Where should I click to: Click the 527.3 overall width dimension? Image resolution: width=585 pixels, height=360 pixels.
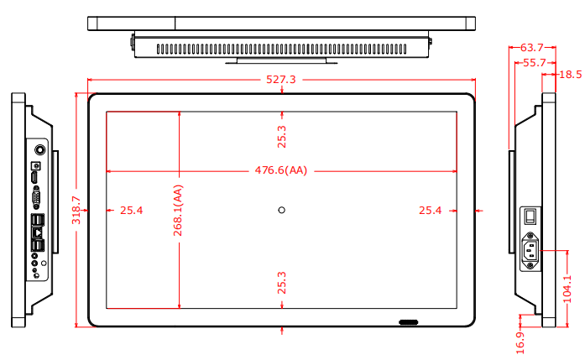tap(281, 80)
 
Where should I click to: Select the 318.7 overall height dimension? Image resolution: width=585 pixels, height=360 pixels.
tap(76, 211)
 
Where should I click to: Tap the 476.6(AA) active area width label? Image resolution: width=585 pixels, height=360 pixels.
tap(281, 170)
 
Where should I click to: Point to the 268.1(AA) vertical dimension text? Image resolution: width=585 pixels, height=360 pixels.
tap(178, 211)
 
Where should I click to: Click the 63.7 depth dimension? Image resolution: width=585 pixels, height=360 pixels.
tap(532, 48)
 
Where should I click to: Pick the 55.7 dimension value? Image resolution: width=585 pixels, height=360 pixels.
tap(535, 63)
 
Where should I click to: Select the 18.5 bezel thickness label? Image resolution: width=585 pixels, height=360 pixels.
tap(571, 75)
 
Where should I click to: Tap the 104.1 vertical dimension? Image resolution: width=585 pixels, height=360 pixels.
tap(567, 289)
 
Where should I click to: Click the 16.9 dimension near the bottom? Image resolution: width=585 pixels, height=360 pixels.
tap(520, 343)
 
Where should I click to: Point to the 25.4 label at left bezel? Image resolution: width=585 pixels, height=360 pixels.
tap(131, 211)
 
